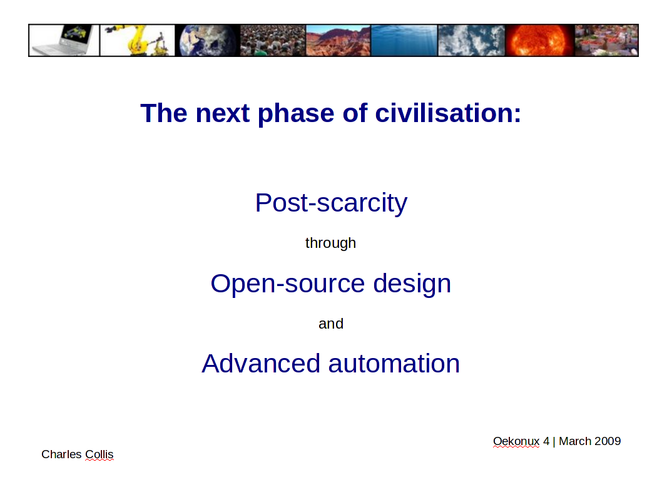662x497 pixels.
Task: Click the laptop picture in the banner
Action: point(64,40)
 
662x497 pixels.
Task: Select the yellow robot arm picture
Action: point(137,40)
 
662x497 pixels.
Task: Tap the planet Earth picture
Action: point(207,40)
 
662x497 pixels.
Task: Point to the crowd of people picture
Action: point(273,40)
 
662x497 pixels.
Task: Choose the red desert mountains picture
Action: point(338,40)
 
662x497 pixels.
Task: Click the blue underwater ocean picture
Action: point(404,40)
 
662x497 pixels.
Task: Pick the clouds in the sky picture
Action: point(472,40)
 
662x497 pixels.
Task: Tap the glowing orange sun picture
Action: point(540,40)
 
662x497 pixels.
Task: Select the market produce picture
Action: point(607,40)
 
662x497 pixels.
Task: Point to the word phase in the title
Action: point(296,114)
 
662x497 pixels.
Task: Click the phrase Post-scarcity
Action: point(331,203)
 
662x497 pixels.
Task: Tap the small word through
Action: point(330,243)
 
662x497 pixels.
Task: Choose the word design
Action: point(412,284)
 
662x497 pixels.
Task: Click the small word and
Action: point(331,324)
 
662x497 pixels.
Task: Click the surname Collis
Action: point(99,454)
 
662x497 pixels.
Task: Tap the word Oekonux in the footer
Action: point(516,441)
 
